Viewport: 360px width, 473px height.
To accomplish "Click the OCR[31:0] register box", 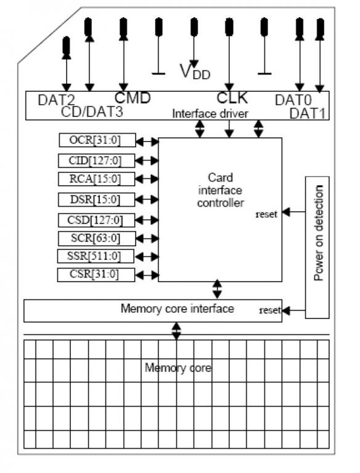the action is click(97, 140).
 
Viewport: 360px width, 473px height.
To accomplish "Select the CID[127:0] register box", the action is click(97, 161).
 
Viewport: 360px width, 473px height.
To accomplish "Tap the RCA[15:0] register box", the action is click(97, 179).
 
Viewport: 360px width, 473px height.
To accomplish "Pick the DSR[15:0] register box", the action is click(97, 200).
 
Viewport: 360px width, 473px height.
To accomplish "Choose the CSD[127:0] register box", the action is click(97, 220).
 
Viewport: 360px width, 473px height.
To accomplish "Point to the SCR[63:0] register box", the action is click(97, 238).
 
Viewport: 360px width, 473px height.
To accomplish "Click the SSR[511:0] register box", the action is click(96, 256).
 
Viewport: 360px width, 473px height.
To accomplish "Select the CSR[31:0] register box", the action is click(96, 275).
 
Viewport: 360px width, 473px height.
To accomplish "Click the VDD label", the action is click(195, 72).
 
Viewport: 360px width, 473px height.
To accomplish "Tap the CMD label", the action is click(133, 98).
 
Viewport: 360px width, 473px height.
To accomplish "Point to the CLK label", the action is click(232, 98).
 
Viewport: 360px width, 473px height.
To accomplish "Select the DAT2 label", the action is click(57, 100).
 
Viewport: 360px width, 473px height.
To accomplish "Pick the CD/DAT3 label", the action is click(92, 111).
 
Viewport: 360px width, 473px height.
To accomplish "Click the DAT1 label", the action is click(308, 114).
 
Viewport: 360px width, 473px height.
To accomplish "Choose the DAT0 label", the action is click(293, 100).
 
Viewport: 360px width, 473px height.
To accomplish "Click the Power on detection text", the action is click(319, 233).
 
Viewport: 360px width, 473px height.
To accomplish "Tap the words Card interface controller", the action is click(221, 190).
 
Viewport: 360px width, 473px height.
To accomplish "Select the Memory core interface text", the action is click(178, 309).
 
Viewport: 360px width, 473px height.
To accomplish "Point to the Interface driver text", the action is click(210, 114).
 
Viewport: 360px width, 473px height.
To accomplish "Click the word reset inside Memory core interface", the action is click(270, 310).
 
